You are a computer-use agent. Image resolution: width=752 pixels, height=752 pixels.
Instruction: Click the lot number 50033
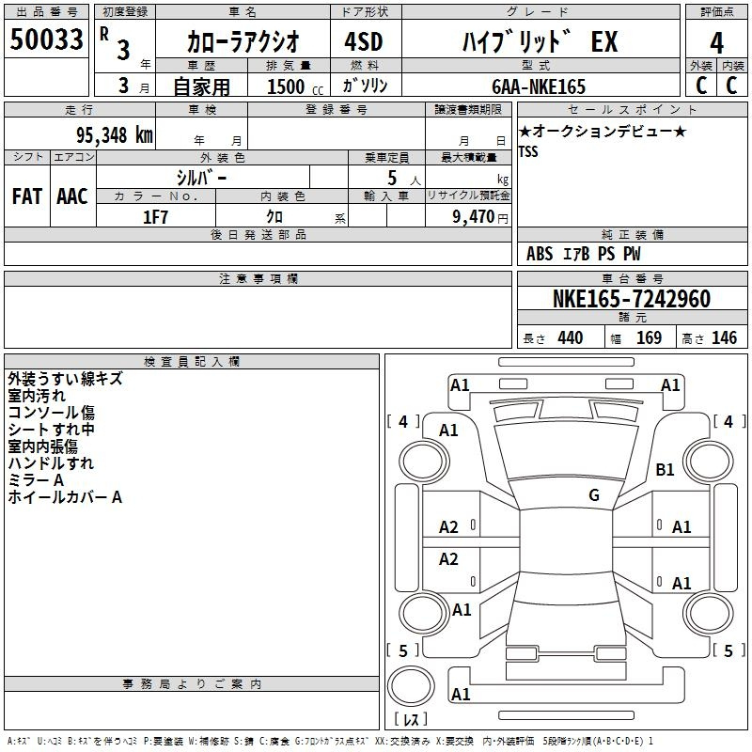coord(46,39)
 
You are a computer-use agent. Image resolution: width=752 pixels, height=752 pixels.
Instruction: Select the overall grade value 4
coord(716,42)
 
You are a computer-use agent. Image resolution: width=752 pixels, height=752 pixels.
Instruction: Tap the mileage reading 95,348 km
coord(114,135)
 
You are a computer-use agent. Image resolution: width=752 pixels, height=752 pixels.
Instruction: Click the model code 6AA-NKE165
coord(539,86)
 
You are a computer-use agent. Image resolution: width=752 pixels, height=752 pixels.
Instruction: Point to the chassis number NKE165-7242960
coord(632,298)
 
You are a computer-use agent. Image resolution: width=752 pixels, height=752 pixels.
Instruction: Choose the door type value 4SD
coord(364,41)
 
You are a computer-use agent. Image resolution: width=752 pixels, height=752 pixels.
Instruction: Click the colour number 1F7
coord(155,217)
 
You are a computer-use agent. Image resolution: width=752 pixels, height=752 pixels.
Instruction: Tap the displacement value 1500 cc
coord(295,86)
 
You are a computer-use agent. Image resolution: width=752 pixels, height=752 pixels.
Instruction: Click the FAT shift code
coord(27,196)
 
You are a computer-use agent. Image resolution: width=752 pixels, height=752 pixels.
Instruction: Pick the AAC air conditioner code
coord(72,196)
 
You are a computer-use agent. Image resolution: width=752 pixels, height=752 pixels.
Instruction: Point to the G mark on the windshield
coord(594,494)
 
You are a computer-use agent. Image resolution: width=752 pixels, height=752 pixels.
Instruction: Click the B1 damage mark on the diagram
coord(665,469)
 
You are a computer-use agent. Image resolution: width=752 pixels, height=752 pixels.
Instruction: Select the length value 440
coord(571,338)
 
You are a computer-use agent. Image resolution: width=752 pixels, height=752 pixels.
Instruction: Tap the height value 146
coord(724,338)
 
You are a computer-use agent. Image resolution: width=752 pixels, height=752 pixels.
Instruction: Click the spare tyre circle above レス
coord(411,685)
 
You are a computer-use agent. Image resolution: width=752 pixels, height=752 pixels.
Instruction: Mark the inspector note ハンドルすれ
coord(51,463)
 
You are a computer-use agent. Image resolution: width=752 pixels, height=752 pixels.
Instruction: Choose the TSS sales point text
coord(528,151)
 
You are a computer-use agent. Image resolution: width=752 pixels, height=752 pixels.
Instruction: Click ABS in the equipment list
coord(540,254)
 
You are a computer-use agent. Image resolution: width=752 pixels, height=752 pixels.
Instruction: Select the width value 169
coord(649,338)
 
